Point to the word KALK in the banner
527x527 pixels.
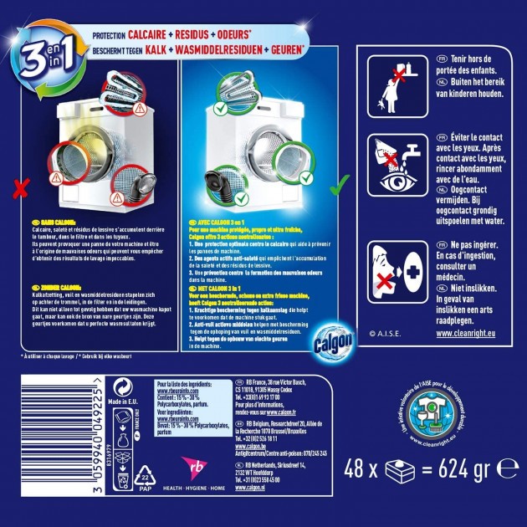coord(162,51)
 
